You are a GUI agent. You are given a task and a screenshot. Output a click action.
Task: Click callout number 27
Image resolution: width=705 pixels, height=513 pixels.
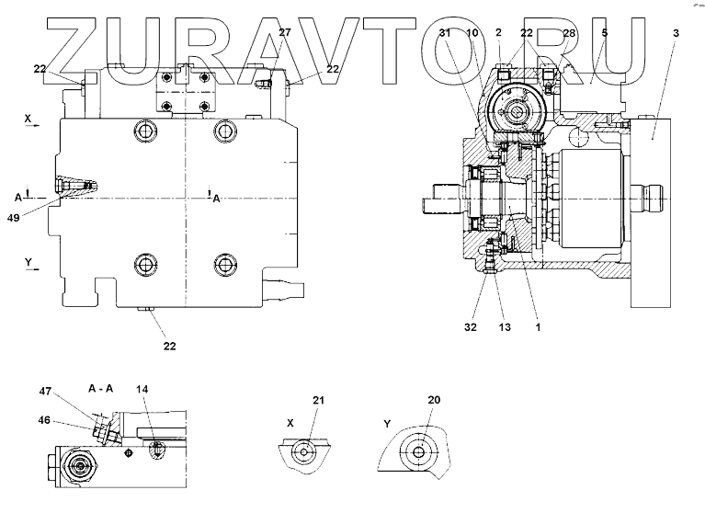[x=284, y=33]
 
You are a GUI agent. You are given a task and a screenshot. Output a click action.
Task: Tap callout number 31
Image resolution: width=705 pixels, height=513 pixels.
[x=445, y=33]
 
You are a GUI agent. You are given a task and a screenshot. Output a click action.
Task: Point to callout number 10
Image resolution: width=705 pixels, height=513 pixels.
[x=472, y=33]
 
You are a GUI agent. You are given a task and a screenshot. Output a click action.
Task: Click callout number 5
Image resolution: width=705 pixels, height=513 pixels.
[x=604, y=33]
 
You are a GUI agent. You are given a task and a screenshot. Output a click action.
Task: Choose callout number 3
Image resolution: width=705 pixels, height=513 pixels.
[x=676, y=33]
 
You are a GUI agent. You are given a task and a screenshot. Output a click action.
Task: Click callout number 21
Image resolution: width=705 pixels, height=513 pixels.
[x=318, y=400]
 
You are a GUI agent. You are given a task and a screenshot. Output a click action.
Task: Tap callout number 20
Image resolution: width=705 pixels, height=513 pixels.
[x=435, y=400]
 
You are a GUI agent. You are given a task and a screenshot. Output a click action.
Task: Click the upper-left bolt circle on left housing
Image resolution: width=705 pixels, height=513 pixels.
[x=147, y=132]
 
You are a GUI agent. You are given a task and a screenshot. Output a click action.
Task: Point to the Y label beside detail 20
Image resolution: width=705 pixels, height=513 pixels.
[x=389, y=425]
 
